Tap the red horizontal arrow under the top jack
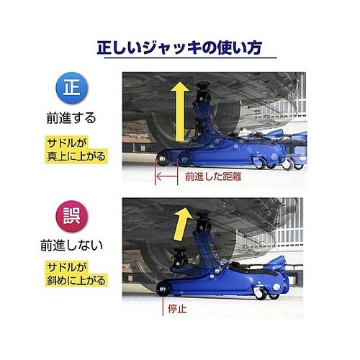point(166,175)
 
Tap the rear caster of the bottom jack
point(273,293)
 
